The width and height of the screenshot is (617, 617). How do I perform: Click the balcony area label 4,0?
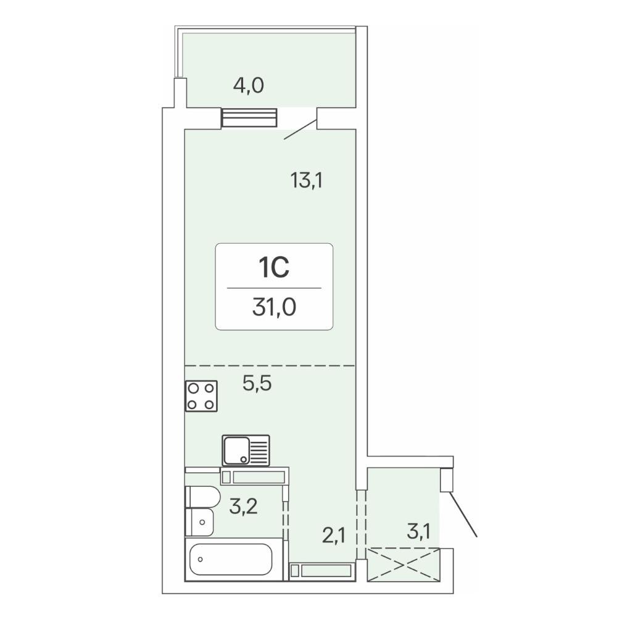[x=248, y=85]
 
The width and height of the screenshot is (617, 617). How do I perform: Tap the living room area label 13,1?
[x=307, y=181]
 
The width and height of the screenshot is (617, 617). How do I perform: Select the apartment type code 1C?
[x=274, y=267]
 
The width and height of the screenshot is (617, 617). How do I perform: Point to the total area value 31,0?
[x=274, y=307]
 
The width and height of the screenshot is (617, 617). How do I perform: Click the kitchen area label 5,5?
[x=257, y=383]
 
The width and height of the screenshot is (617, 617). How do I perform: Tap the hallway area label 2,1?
[x=334, y=536]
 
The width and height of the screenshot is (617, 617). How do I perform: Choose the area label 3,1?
[x=418, y=532]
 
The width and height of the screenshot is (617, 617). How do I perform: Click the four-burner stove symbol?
[x=201, y=396]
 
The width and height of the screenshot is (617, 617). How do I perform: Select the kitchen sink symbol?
[x=246, y=450]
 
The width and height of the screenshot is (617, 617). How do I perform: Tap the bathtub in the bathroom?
[x=234, y=559]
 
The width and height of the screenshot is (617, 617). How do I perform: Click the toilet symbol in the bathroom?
[x=202, y=497]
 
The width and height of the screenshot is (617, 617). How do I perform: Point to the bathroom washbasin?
[x=199, y=522]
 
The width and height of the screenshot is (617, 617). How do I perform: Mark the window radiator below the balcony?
[x=249, y=118]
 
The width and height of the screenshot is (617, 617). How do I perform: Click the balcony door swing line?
[x=300, y=130]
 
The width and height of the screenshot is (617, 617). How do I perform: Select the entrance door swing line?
[x=463, y=515]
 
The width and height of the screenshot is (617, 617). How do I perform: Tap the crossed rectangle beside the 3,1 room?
[x=404, y=565]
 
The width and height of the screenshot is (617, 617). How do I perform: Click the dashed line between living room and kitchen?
[x=270, y=366]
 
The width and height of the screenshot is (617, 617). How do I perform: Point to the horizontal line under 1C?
[x=274, y=288]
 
